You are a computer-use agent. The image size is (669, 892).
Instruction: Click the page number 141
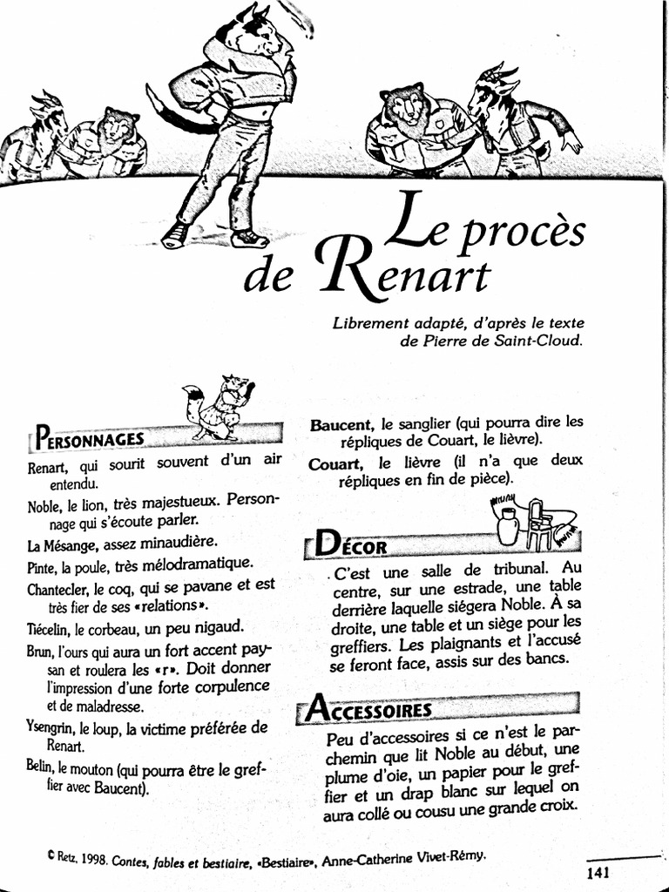tap(598, 873)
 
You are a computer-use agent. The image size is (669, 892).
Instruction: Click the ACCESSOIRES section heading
tap(370, 709)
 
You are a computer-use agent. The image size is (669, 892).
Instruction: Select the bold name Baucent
tap(341, 425)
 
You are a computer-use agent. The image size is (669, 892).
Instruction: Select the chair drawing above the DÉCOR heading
tap(539, 523)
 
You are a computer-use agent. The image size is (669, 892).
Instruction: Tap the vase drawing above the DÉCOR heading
tap(508, 525)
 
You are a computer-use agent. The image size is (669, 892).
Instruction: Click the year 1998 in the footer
tap(94, 859)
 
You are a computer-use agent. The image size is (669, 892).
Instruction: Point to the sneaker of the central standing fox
tap(248, 237)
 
